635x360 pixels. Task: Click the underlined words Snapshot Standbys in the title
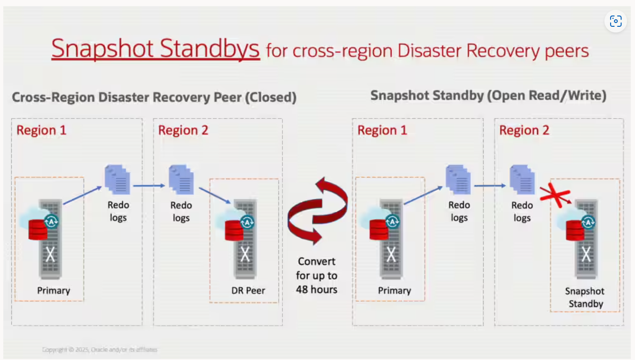[x=155, y=48]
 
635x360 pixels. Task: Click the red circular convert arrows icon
[x=317, y=211]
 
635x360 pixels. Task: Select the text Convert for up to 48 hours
[x=316, y=275]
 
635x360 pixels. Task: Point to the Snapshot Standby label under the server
[x=585, y=297]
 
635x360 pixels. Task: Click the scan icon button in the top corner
[x=615, y=21]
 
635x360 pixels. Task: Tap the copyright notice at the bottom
[x=100, y=350]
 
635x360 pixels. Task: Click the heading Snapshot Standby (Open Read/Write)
[x=488, y=95]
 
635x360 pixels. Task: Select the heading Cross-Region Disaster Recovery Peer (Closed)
[x=154, y=97]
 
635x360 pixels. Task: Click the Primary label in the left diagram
[x=54, y=290]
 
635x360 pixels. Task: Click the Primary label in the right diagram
[x=394, y=290]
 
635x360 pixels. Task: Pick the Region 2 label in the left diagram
[x=183, y=130]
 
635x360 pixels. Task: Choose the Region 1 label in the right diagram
[x=382, y=130]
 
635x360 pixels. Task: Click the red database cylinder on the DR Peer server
[x=234, y=230]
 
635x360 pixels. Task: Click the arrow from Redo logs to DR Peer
[x=214, y=196]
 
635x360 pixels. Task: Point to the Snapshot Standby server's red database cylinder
[x=575, y=230]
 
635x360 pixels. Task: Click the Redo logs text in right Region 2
[x=522, y=211]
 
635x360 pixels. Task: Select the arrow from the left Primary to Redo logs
[x=82, y=196]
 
